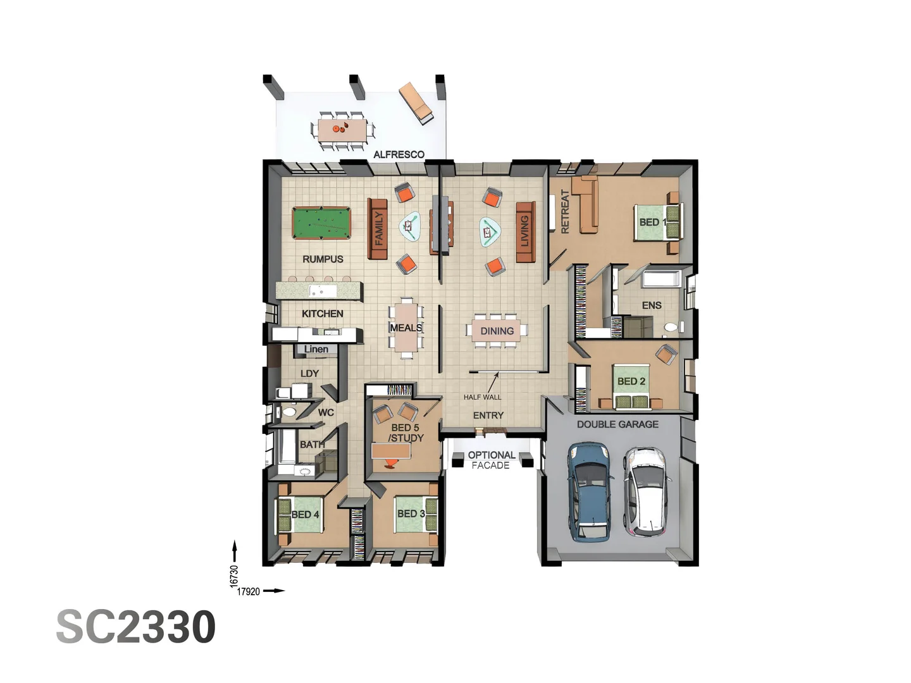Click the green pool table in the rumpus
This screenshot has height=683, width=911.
[x=321, y=223]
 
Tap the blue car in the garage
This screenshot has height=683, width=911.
[x=590, y=491]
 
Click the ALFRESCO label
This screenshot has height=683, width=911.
[x=399, y=154]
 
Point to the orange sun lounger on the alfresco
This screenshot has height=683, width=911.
[x=416, y=102]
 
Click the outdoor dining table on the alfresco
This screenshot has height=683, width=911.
[x=342, y=130]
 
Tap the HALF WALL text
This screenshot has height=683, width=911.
[x=482, y=397]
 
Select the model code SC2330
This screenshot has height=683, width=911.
[x=136, y=627]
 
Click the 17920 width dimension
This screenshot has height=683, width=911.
[x=248, y=592]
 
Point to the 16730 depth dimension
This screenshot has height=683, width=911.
[x=234, y=576]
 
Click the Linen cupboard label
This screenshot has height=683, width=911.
[x=316, y=349]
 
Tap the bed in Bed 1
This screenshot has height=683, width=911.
[x=658, y=222]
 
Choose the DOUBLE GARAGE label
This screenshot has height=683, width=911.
[x=617, y=424]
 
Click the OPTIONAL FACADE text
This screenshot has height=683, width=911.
[x=491, y=460]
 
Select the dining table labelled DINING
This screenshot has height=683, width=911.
[x=497, y=331]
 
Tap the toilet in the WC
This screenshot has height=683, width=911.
[x=289, y=412]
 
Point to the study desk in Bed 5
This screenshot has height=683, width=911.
[x=392, y=450]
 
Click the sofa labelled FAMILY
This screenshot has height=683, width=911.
[x=378, y=228]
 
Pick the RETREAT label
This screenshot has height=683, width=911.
[x=565, y=212]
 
